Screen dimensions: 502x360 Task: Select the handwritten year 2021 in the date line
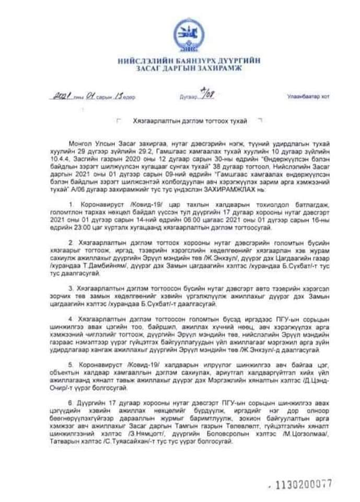click(x=64, y=96)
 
